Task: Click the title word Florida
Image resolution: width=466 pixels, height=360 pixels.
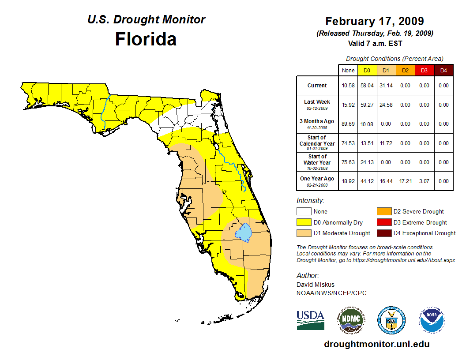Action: tap(146, 39)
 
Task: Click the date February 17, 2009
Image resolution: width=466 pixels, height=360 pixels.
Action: tap(374, 21)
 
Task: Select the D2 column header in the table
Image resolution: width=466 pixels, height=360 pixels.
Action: tap(405, 70)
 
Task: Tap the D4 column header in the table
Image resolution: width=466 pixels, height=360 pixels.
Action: tap(443, 70)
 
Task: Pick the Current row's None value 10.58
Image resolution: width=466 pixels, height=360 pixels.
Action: tap(348, 86)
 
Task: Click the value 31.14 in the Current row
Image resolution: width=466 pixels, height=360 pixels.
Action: tap(386, 86)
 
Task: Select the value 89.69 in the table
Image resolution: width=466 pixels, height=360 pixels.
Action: tap(348, 124)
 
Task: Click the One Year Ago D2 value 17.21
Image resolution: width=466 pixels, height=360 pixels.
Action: tap(405, 181)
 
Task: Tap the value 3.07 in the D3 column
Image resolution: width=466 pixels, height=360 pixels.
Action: tap(424, 181)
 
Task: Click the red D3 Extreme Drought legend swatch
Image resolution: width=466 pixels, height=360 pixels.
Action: tap(383, 222)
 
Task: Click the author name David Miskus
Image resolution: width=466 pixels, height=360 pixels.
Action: tap(316, 285)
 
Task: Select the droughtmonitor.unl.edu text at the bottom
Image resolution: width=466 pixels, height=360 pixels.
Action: tap(376, 344)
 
